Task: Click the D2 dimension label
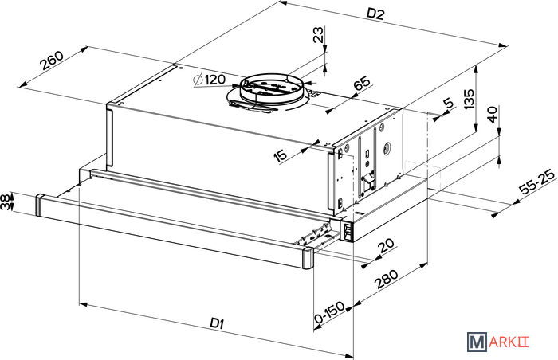[375, 14]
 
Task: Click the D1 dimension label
[217, 323]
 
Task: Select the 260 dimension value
[52, 60]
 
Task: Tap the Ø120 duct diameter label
[209, 80]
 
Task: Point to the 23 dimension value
[319, 34]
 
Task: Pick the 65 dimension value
[362, 84]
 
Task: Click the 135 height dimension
[469, 100]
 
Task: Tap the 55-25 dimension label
[537, 182]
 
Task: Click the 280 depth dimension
[386, 280]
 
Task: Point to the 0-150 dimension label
[330, 312]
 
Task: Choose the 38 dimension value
[6, 202]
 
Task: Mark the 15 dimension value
[280, 156]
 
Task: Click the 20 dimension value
[386, 245]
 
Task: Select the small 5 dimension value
[449, 104]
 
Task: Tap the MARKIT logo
[498, 342]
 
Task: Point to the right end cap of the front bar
[308, 258]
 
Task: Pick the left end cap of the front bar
[40, 205]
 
